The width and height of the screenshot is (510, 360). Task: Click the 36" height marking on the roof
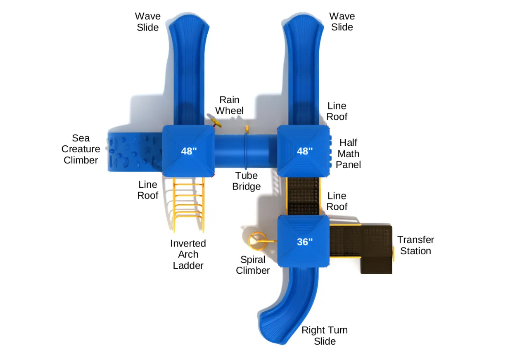[305, 242]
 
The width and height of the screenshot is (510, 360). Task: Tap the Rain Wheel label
[229, 105]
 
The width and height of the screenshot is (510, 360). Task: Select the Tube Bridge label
[247, 181]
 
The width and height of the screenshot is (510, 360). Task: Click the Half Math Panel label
[349, 154]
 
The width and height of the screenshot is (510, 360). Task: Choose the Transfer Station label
[415, 245]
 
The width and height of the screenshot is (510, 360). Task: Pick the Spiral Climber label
[253, 265]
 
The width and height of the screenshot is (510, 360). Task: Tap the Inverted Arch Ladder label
[188, 254]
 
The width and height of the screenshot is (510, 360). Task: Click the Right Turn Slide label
[325, 335]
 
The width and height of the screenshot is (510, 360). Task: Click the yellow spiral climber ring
[258, 241]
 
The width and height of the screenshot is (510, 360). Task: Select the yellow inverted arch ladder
[189, 205]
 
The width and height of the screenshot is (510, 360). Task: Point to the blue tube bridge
[246, 151]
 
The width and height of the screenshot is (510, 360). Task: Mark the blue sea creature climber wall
[135, 152]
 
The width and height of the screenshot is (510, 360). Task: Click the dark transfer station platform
[361, 249]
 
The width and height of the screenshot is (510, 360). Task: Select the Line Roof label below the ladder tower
[148, 190]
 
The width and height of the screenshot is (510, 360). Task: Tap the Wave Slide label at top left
[148, 21]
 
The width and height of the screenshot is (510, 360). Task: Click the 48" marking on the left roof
[189, 151]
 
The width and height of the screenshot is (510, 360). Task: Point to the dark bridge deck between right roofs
[303, 196]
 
